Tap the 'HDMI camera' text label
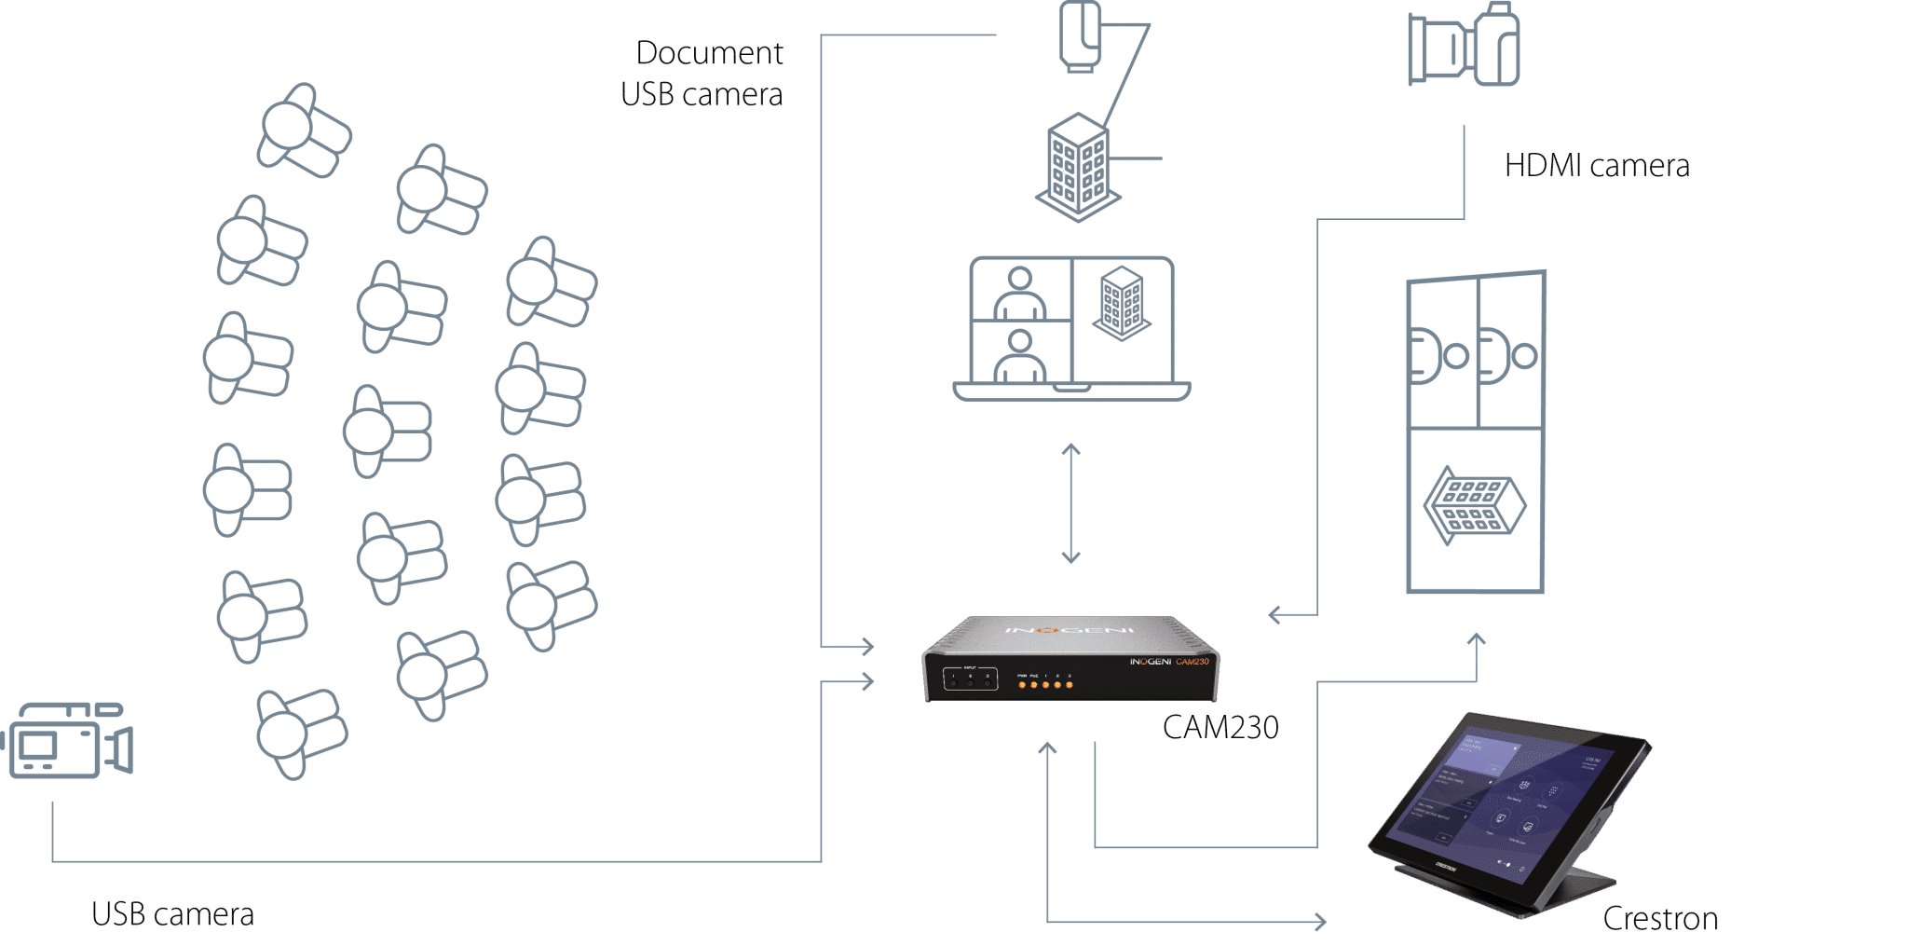click(1596, 166)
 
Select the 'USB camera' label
click(172, 914)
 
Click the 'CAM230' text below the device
click(1220, 727)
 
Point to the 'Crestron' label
click(1660, 919)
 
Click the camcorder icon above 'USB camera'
click(70, 741)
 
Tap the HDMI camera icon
click(1464, 47)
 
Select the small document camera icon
click(1081, 37)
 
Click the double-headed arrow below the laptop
click(1071, 503)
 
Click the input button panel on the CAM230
click(970, 679)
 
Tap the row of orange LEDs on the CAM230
click(1045, 685)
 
